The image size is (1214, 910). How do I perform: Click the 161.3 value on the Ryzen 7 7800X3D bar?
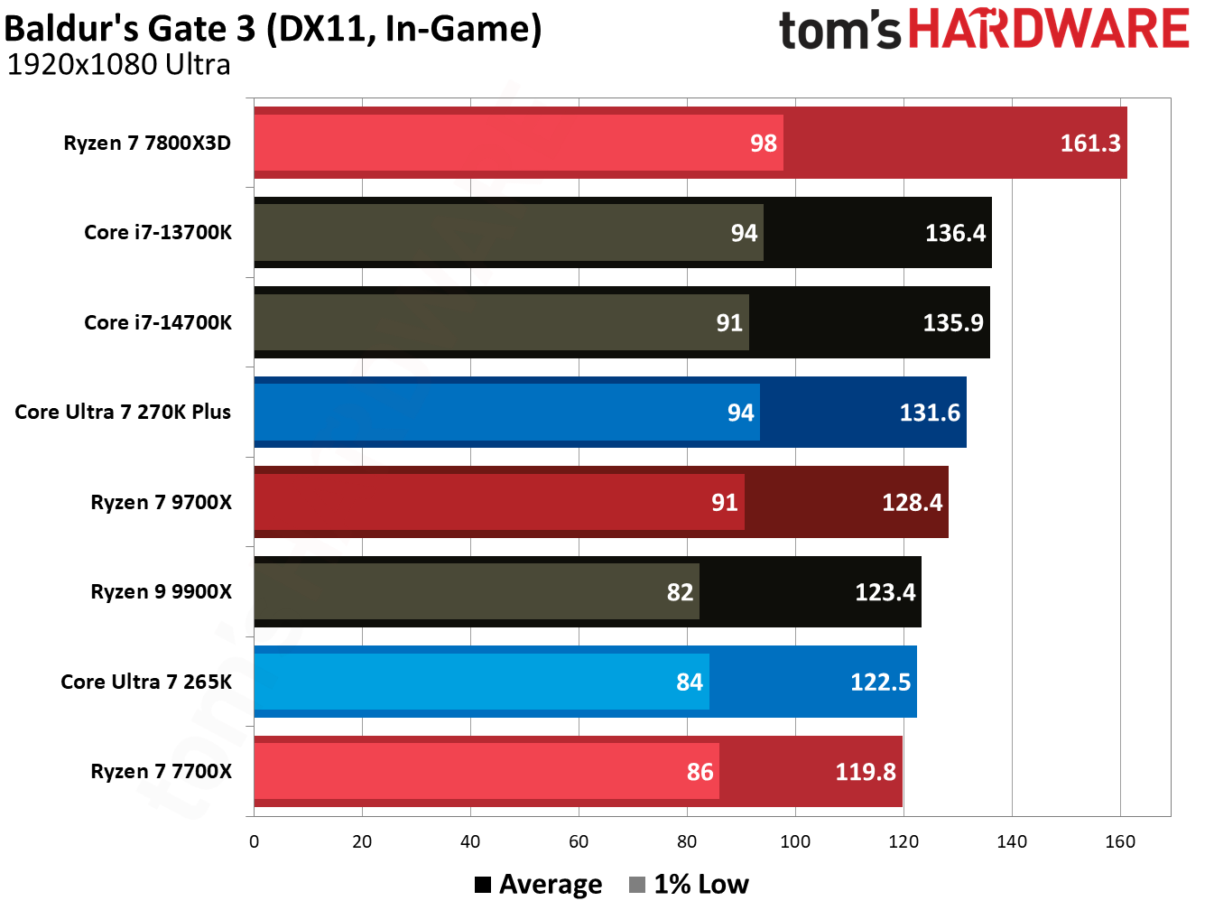pos(1089,143)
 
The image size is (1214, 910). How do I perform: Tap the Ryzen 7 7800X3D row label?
pos(147,143)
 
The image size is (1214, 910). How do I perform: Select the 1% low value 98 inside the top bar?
pos(763,143)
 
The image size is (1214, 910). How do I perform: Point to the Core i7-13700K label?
pos(158,232)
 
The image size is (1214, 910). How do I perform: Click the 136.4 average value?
pos(955,233)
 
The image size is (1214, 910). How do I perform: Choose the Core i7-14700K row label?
pos(158,322)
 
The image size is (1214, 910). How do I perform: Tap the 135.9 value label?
pos(952,322)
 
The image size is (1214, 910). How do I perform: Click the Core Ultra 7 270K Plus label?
pos(123,412)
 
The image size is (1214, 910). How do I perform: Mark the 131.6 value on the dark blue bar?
pos(929,413)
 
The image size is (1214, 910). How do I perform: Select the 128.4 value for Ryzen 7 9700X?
pos(912,502)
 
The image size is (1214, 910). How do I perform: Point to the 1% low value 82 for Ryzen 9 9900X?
pos(680,592)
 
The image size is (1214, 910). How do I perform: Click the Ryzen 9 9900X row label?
pos(161,591)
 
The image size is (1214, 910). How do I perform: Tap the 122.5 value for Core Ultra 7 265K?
pos(880,682)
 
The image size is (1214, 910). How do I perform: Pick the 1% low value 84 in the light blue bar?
pos(689,682)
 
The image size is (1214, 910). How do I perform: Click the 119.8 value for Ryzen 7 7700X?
pos(865,772)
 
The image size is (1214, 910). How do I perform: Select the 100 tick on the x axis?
pos(794,841)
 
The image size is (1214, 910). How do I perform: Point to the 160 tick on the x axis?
pos(1119,841)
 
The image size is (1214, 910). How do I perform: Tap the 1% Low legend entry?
pos(690,884)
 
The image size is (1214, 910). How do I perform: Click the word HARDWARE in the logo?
pos(1048,29)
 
